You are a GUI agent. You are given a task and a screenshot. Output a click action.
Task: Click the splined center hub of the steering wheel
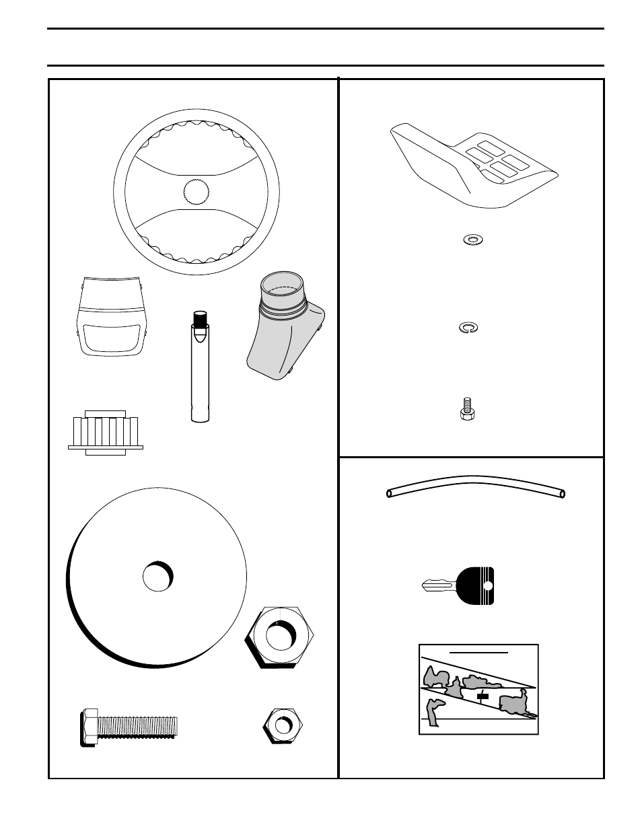click(x=197, y=192)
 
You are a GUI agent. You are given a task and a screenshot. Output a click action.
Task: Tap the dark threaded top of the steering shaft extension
click(x=199, y=318)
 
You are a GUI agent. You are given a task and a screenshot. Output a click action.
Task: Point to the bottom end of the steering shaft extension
click(x=199, y=418)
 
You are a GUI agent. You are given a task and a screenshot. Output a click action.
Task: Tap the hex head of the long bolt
click(x=89, y=727)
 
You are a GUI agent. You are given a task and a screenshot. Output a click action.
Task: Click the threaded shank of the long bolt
click(x=137, y=726)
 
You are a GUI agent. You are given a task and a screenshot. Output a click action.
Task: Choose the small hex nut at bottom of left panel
click(x=282, y=725)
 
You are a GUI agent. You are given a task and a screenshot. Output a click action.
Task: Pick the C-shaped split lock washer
click(x=467, y=328)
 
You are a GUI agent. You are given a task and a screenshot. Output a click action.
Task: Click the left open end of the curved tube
click(x=390, y=494)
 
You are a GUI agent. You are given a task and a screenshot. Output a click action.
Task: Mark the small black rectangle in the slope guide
click(x=482, y=696)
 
